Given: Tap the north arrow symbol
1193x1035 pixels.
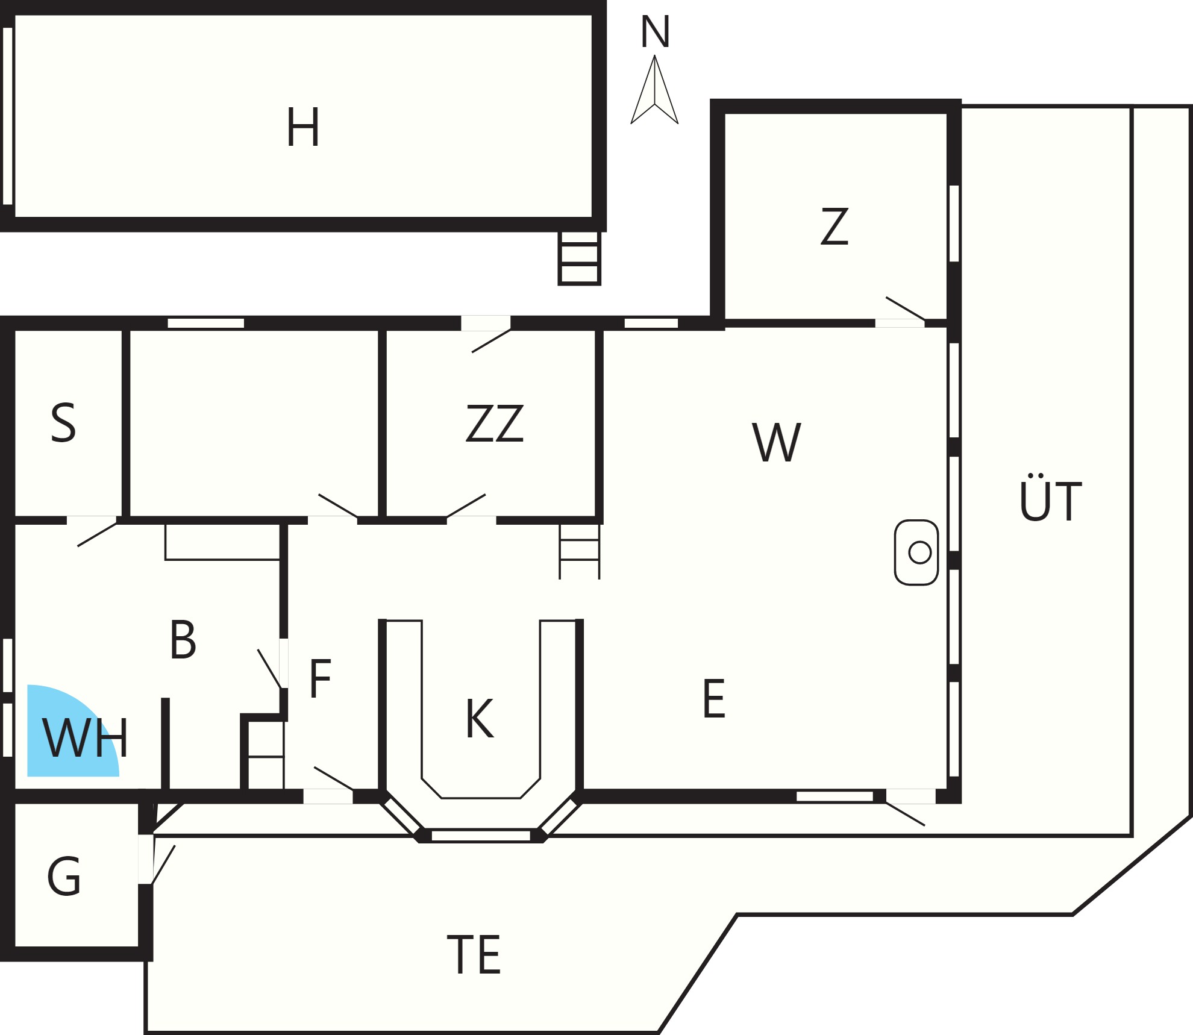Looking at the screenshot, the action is coord(654,90).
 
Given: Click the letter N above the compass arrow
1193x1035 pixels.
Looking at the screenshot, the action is coord(655,32).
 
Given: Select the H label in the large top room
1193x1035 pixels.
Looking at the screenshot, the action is coord(302,127).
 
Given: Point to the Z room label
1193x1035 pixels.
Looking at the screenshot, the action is coord(834,226).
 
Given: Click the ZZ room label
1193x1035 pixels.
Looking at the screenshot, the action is coord(495,424).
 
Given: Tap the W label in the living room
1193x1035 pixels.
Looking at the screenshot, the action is coord(777,442).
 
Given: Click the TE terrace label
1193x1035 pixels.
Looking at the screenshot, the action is coord(474,954).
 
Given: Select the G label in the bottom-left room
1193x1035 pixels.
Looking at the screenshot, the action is coord(64,877).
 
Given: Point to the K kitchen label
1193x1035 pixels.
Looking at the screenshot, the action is coord(480,718).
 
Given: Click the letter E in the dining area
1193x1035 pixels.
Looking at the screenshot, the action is coord(714,698).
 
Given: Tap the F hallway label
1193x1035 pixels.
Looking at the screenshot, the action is coord(320,678).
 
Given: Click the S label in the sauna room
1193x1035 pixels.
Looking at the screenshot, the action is coord(63,424).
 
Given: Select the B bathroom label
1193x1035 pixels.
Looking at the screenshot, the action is coord(183,640).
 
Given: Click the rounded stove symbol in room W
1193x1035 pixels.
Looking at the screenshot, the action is coord(916,552).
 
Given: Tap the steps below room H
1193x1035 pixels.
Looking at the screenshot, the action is coord(579,258).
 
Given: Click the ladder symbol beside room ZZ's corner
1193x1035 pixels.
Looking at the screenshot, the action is coord(579,551).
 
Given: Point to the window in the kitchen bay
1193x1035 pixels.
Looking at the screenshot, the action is coord(481,836).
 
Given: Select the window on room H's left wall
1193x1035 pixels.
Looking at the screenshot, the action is coord(7,116).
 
